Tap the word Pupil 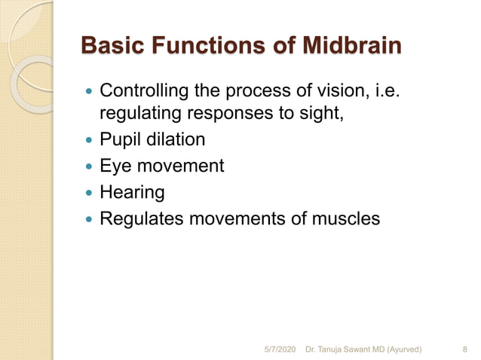119,141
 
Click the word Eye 116,166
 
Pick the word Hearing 132,193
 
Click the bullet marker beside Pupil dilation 90,141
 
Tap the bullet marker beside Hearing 90,192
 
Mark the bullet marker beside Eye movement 90,166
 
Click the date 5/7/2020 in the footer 280,349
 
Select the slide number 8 464,349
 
